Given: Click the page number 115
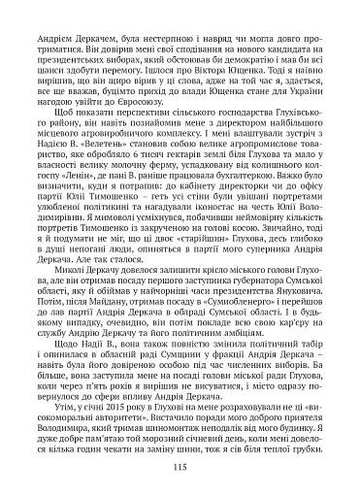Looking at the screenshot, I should click(180, 467).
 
